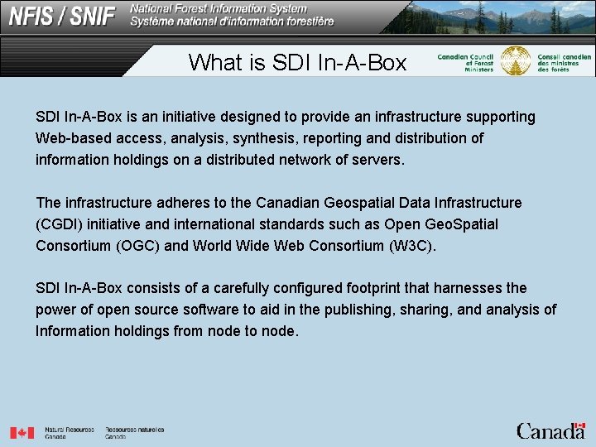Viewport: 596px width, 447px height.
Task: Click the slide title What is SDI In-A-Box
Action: coord(297,62)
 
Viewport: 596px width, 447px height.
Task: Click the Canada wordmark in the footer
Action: coord(550,430)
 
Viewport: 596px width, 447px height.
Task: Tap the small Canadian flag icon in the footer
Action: coord(22,432)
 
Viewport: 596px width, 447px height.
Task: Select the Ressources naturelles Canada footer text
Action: coord(134,432)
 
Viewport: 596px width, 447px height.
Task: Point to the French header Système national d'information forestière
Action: coord(232,22)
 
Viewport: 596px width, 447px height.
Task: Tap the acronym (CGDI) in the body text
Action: coord(58,224)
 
